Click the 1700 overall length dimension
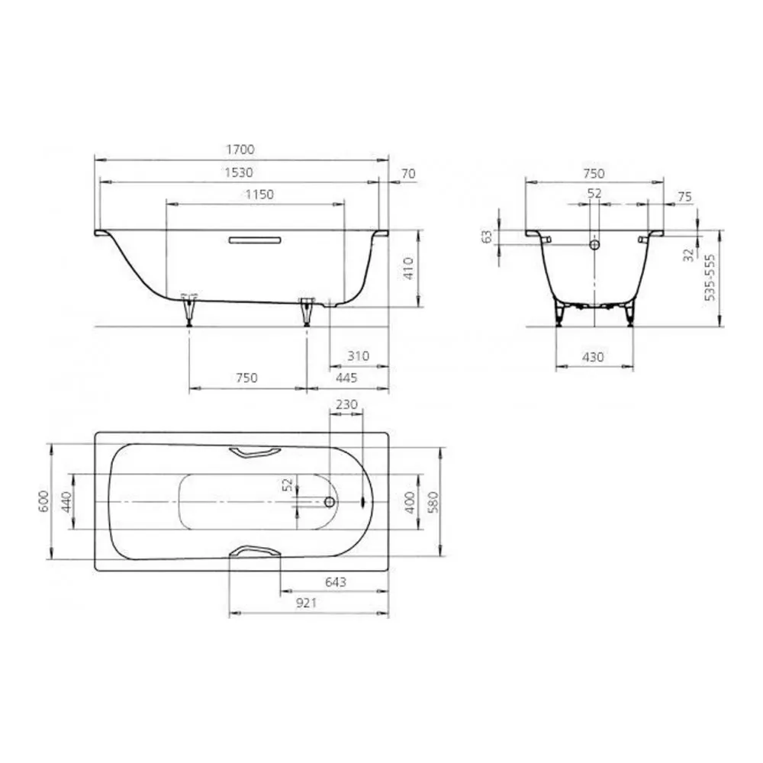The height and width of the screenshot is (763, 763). (x=240, y=150)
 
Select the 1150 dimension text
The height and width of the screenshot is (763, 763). (x=259, y=195)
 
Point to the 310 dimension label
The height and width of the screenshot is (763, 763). (x=358, y=356)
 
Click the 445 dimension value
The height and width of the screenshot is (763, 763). (x=346, y=378)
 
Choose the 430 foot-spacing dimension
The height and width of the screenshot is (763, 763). (x=593, y=357)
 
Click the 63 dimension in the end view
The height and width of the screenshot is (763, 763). (x=487, y=237)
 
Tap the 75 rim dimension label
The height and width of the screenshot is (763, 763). (x=684, y=197)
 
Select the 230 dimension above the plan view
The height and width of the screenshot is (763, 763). (x=346, y=404)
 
